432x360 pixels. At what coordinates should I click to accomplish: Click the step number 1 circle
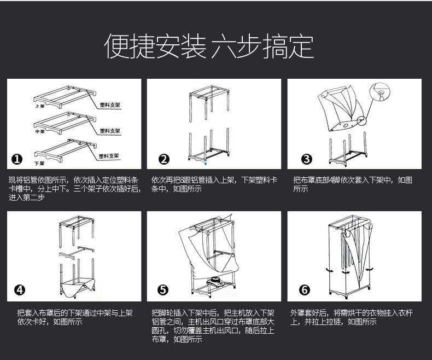(x=17, y=159)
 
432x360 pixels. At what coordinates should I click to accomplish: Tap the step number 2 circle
(x=164, y=159)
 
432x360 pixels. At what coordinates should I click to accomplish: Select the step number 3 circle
(x=307, y=159)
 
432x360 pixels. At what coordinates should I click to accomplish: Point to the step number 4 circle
(x=19, y=290)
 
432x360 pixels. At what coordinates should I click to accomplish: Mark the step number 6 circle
(x=305, y=290)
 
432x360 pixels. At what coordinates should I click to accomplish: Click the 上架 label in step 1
(x=39, y=106)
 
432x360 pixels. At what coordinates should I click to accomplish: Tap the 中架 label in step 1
(x=39, y=132)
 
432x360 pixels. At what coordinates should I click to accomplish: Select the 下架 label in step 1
(x=39, y=162)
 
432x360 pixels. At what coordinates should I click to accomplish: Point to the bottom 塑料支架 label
(x=109, y=155)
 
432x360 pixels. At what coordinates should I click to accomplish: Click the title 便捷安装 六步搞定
(x=209, y=47)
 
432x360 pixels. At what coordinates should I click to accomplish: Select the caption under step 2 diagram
(x=214, y=184)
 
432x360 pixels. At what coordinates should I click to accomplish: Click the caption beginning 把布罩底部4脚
(x=353, y=184)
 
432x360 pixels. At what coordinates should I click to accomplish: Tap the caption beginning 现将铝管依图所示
(x=74, y=189)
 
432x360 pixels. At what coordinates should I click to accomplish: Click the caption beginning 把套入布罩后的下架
(x=74, y=317)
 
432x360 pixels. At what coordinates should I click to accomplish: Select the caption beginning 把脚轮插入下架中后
(x=213, y=326)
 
